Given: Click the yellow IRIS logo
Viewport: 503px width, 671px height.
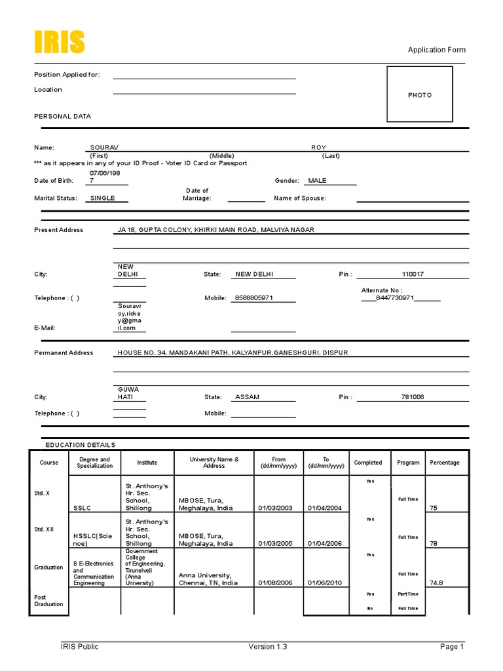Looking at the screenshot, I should tap(59, 42).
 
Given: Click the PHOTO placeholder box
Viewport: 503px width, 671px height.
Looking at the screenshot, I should tap(420, 94).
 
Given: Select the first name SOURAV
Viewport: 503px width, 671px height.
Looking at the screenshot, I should tap(104, 147).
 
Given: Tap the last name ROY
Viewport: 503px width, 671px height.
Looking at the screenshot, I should tap(318, 147).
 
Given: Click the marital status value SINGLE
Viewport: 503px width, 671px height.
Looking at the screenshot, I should tap(102, 198).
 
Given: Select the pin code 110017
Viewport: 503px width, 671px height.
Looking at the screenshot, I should tap(413, 275).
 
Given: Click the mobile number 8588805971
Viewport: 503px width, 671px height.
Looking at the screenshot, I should tap(253, 298).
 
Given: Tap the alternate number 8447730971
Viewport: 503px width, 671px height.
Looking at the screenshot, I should tap(395, 298).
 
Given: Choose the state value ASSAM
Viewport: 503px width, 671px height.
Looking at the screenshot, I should tap(248, 397).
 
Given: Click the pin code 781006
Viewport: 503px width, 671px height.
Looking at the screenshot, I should tap(413, 397).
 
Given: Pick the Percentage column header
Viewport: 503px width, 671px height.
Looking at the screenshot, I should tap(445, 463).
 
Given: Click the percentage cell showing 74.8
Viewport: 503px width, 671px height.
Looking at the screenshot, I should tap(436, 583).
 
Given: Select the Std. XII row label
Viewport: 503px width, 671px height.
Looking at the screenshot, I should tap(45, 529).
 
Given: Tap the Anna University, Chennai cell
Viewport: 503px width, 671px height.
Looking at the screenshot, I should tap(208, 579).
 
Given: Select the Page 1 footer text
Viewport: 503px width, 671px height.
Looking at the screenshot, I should tap(452, 647).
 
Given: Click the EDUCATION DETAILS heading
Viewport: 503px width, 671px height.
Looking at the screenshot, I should tap(80, 445).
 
